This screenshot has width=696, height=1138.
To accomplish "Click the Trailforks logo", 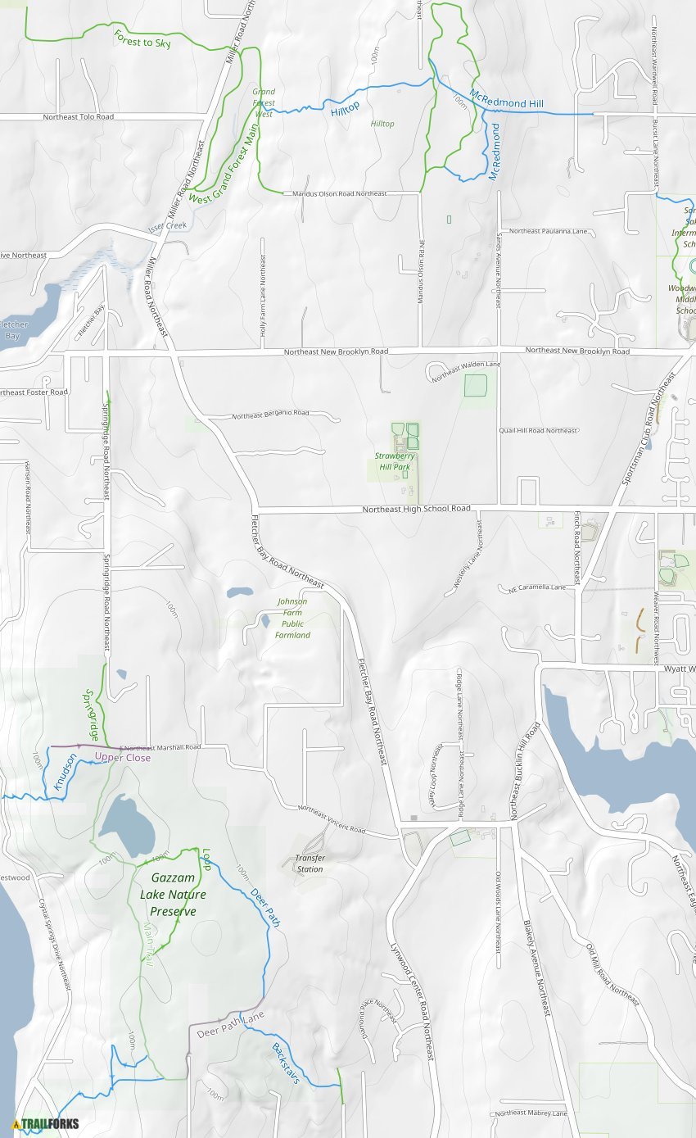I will point(46,1123).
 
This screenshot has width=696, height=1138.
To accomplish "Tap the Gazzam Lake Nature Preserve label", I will point(173,894).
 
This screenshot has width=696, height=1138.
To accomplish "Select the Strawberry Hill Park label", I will point(393,461).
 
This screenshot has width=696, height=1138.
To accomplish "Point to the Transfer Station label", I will point(310,864).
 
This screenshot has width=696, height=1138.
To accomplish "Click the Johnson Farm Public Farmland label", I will point(292,618).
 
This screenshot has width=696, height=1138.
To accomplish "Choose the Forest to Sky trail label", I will point(142,39).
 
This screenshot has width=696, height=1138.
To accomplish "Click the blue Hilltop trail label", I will point(345,107).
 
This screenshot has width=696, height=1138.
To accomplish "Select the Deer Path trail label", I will point(265,907).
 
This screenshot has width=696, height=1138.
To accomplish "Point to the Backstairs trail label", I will point(285,1063).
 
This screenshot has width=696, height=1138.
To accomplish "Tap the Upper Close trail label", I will point(122,757).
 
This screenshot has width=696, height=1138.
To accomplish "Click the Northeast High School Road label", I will point(416,509).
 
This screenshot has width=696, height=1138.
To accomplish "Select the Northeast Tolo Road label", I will point(79,117).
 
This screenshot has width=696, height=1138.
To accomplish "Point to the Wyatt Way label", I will point(677,669).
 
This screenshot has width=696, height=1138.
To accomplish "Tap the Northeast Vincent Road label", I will point(331,818).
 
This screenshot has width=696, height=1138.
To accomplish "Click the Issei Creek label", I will point(167,225).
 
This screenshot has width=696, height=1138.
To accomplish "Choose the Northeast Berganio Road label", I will point(270,414).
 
